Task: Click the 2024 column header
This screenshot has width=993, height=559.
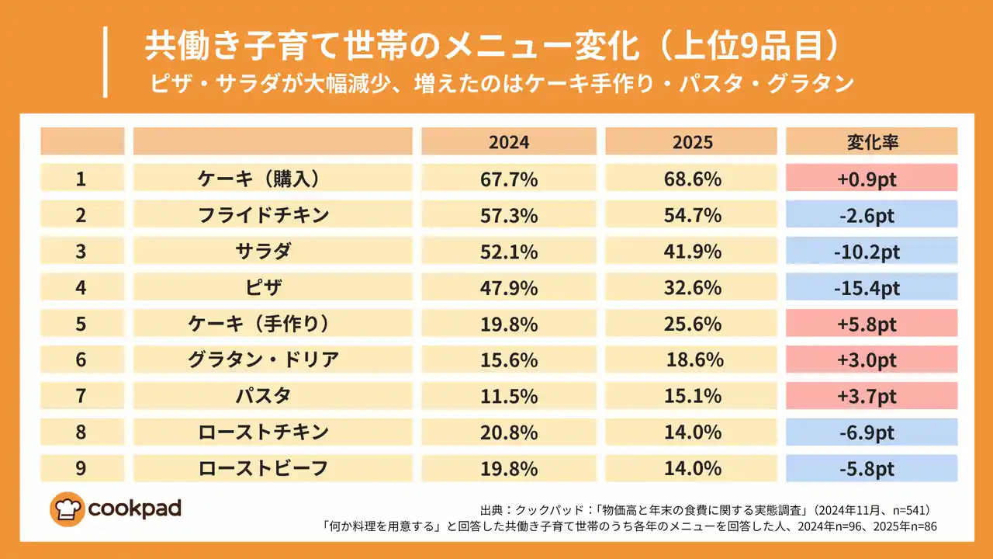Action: pos(509,142)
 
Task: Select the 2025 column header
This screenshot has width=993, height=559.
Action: pos(691,142)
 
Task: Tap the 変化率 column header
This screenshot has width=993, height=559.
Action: pos(871,142)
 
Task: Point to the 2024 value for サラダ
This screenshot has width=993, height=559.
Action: pos(509,252)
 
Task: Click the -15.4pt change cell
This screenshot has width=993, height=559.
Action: pos(871,288)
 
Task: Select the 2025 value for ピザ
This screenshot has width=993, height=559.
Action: pos(691,288)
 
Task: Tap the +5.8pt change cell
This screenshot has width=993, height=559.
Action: pos(871,324)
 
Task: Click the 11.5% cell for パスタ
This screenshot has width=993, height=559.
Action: pos(509,396)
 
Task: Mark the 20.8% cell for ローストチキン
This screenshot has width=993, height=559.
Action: pos(509,432)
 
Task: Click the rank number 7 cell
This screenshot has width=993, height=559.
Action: pos(81,396)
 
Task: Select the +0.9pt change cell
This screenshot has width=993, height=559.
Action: pos(871,179)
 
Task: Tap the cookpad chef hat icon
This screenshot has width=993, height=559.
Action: pos(67,509)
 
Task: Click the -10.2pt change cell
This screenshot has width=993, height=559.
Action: pos(871,252)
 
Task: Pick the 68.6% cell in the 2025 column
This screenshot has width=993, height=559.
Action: pos(691,179)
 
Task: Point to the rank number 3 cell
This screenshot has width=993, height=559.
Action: pos(81,252)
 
